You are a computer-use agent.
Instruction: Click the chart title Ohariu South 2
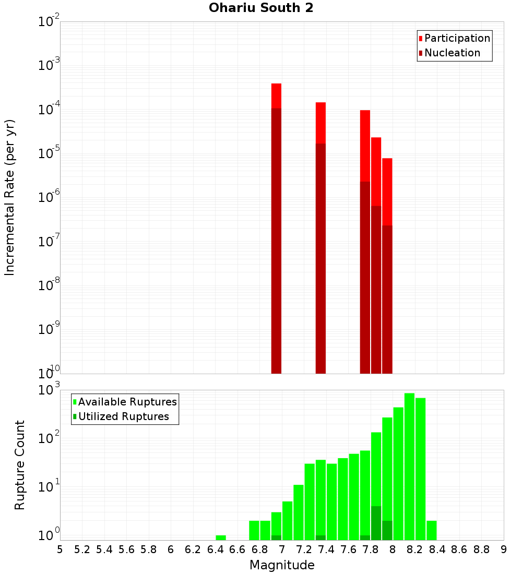(261, 8)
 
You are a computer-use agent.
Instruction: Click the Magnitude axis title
(282, 565)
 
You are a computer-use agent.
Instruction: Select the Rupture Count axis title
(20, 464)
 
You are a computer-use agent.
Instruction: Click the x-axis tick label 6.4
(215, 549)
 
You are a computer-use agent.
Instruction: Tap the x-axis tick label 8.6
(459, 549)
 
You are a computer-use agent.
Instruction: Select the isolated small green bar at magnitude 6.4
(221, 537)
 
